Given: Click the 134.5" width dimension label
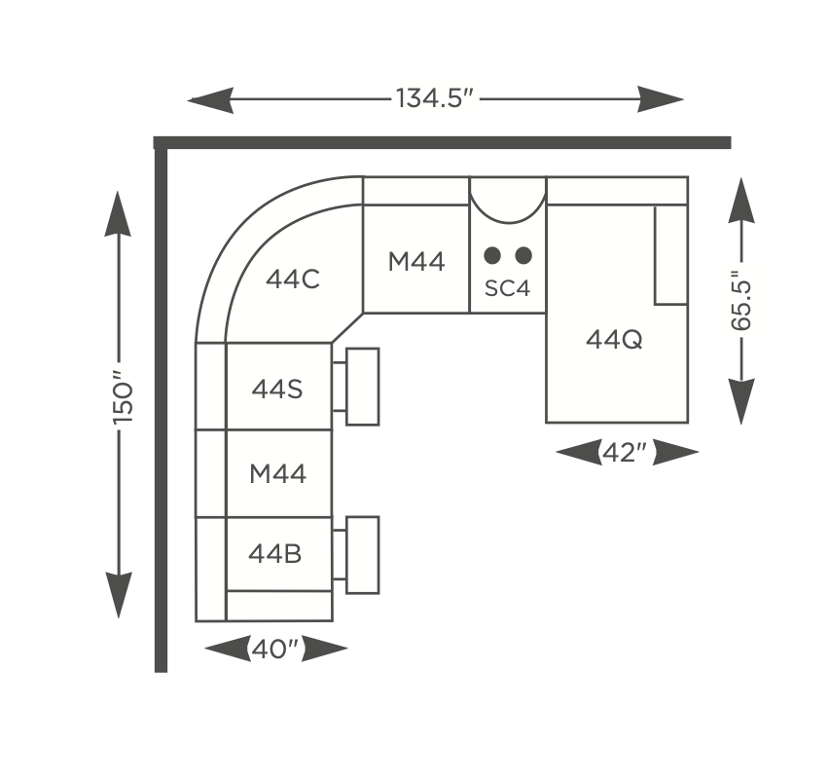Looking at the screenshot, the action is click(x=434, y=98).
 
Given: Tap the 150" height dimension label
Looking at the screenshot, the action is click(x=123, y=396).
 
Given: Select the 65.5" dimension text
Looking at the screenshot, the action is click(x=740, y=301).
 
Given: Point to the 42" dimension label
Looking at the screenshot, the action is click(x=625, y=453).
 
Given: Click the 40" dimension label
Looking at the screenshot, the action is click(x=275, y=649).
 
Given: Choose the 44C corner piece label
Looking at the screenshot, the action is click(x=292, y=279).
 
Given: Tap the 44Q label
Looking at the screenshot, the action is click(x=614, y=339).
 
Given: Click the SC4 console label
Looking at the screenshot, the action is click(x=507, y=288).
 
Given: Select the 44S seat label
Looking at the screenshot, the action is click(x=277, y=389).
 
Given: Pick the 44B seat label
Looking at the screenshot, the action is click(x=275, y=554).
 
